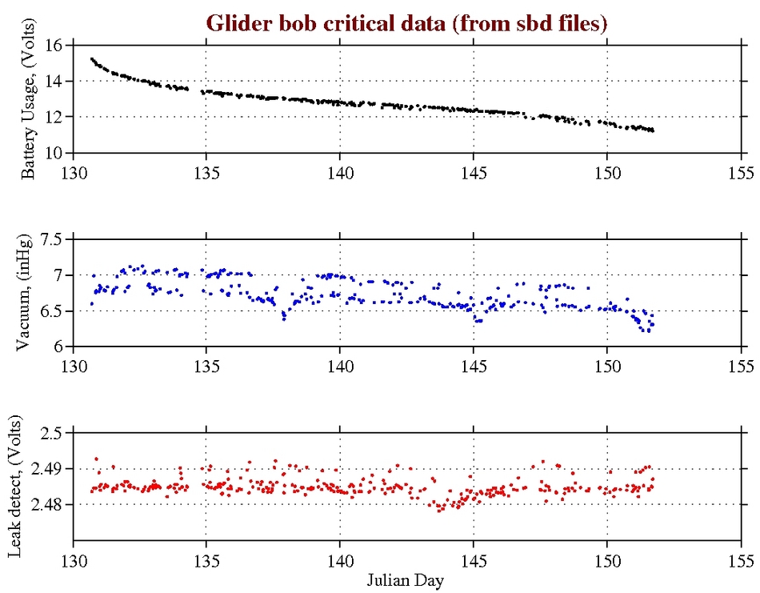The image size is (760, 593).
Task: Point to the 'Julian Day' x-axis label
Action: (407, 579)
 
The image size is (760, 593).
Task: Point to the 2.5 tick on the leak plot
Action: (51, 433)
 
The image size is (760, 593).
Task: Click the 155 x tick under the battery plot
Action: (741, 170)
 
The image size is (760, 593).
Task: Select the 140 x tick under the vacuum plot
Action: (340, 364)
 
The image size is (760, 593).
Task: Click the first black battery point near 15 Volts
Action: (92, 59)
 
